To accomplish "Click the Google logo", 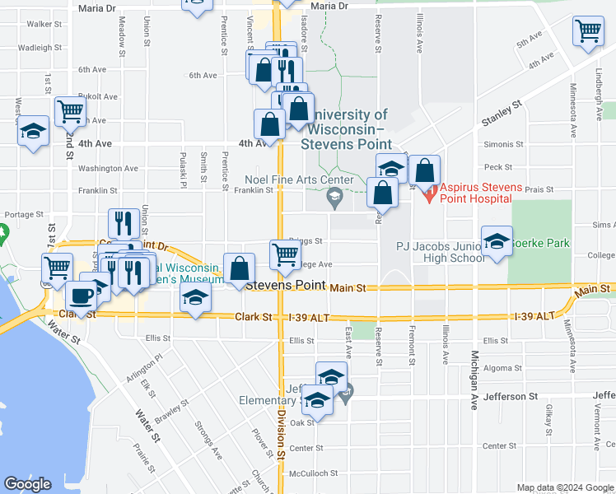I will tap(27, 484).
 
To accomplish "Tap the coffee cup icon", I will tap(81, 294).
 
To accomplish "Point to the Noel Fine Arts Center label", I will tap(299, 179).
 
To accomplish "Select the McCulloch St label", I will tap(306, 473).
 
